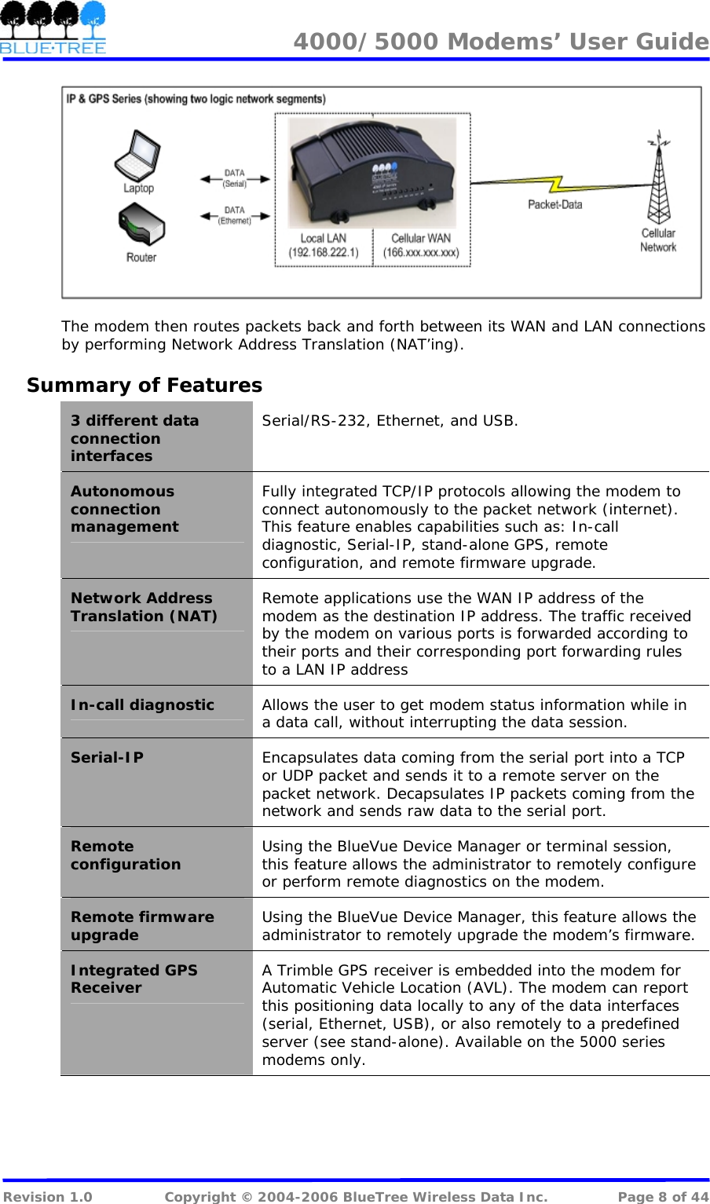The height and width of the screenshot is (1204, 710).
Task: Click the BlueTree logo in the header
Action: (x=53, y=27)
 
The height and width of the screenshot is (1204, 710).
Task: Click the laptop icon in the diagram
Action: (x=138, y=156)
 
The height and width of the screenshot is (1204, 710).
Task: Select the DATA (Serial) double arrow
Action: (x=235, y=179)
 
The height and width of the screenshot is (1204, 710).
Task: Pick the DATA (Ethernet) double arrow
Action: (x=235, y=215)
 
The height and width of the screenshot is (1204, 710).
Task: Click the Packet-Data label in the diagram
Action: (x=554, y=205)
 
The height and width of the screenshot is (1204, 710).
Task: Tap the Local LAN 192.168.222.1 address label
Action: (x=324, y=245)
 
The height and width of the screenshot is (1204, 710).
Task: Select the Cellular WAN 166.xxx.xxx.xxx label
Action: (x=421, y=245)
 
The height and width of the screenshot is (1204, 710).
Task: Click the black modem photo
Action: (x=372, y=172)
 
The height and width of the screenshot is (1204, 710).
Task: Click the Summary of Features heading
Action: (x=145, y=386)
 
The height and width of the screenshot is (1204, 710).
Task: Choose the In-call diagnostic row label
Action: (x=142, y=705)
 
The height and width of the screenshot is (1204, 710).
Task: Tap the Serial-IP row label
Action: (x=108, y=758)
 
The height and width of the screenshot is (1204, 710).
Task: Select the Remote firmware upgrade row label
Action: (x=142, y=926)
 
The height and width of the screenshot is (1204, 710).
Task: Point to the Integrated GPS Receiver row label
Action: (x=134, y=979)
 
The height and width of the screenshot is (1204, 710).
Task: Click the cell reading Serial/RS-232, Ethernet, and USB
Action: (x=390, y=421)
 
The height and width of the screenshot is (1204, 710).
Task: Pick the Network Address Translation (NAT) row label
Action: (x=144, y=607)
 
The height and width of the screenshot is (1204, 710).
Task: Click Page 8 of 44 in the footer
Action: (x=662, y=1196)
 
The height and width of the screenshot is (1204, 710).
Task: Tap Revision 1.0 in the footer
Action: (x=48, y=1196)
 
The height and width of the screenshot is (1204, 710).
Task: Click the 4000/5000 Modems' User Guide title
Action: (x=501, y=42)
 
